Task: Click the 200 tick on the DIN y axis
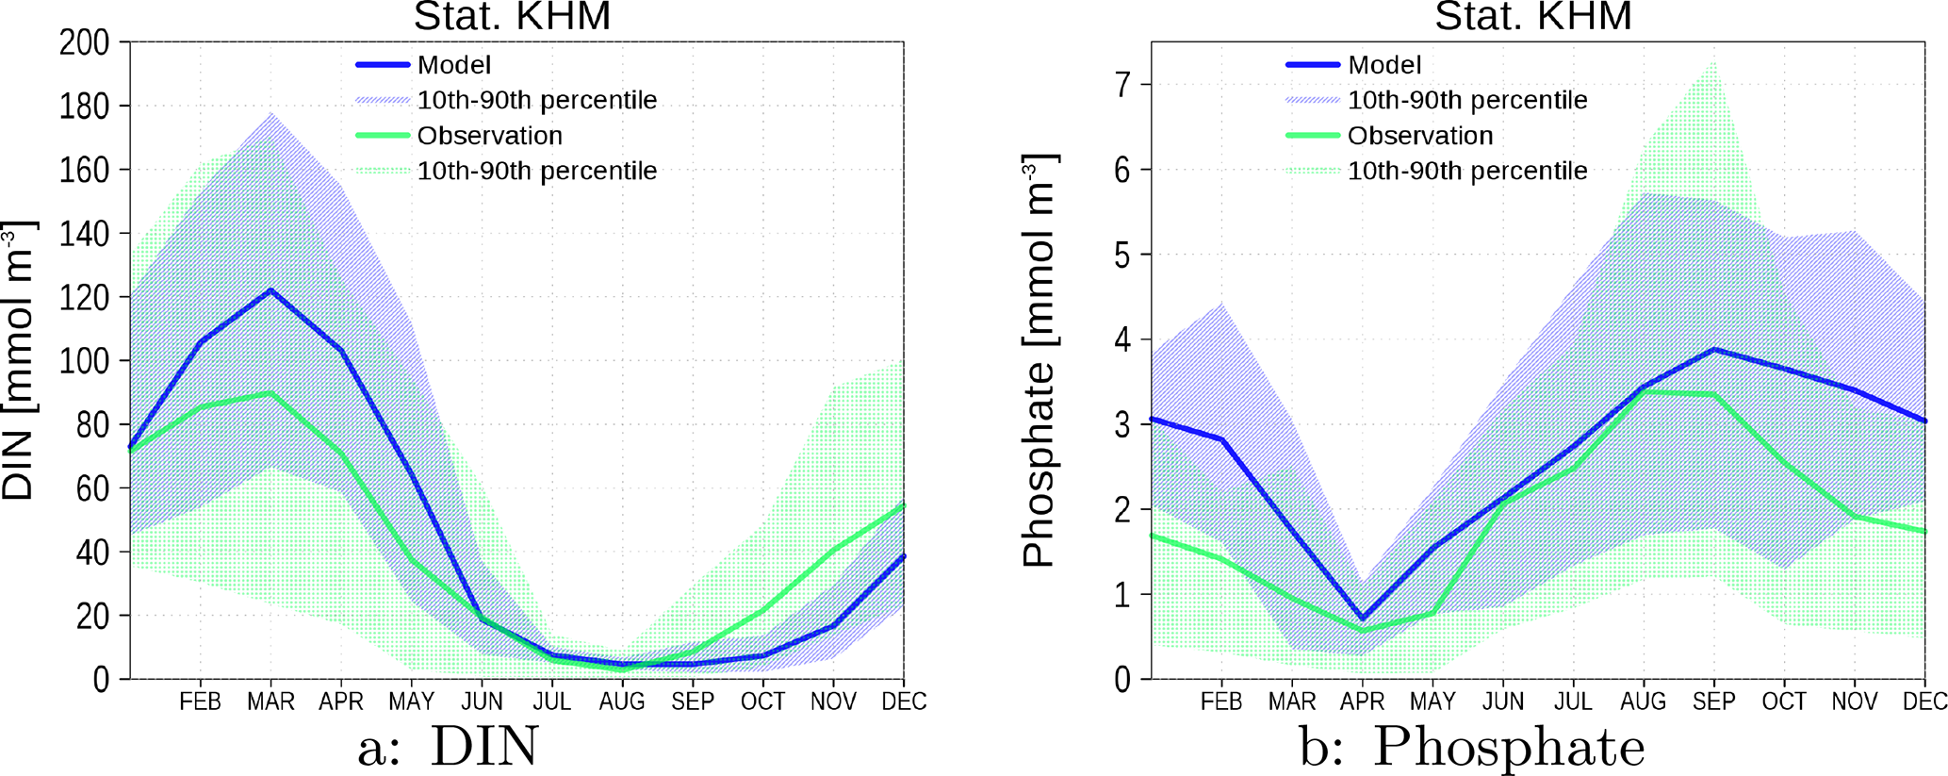click(x=84, y=42)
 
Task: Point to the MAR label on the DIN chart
click(x=270, y=702)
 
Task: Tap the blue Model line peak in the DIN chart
click(x=271, y=290)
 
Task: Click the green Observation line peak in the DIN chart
click(x=271, y=392)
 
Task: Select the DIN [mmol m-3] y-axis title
click(x=19, y=360)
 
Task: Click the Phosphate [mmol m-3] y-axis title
click(x=1039, y=360)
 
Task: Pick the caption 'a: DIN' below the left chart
click(x=448, y=748)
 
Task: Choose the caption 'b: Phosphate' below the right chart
click(x=1472, y=748)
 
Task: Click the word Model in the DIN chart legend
click(x=453, y=65)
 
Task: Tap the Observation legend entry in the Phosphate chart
click(x=1420, y=136)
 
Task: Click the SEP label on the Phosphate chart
click(x=1713, y=702)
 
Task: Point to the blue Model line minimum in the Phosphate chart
click(x=1362, y=619)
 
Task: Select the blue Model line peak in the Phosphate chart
click(x=1714, y=350)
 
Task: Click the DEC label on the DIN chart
click(x=904, y=702)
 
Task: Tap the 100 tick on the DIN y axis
click(x=84, y=361)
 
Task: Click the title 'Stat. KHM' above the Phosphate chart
click(x=1533, y=17)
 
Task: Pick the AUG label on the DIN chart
click(x=622, y=702)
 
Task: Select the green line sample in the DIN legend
click(x=383, y=136)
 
